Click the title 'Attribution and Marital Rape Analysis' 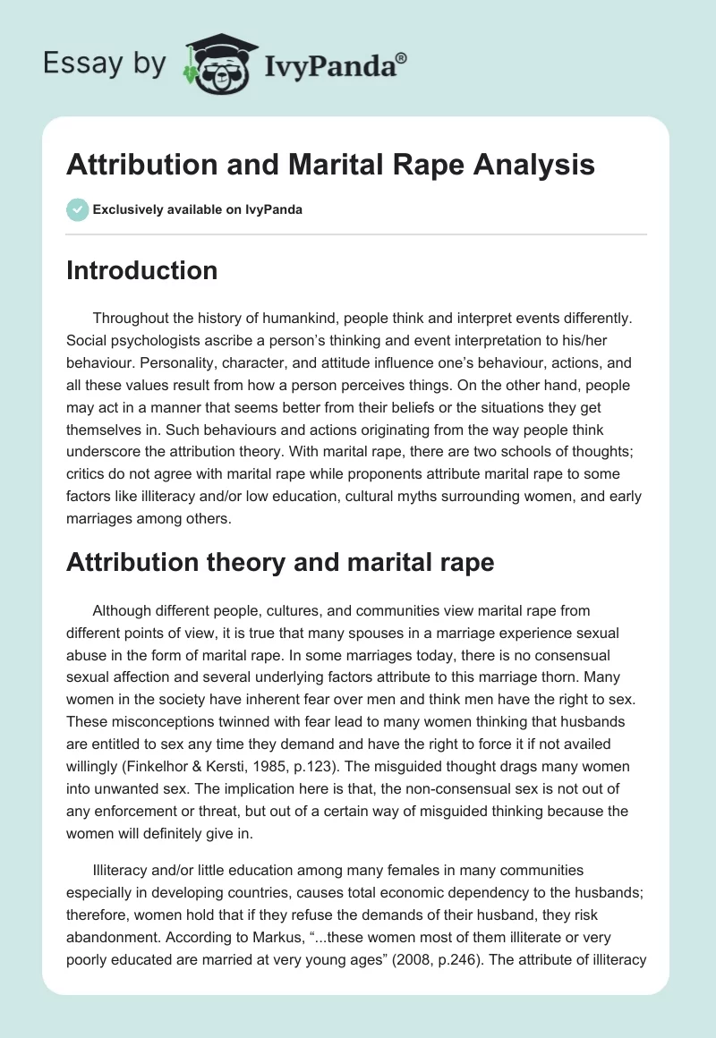330,166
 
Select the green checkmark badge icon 77,209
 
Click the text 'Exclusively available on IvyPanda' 198,209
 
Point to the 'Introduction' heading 141,270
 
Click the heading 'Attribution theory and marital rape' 280,562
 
